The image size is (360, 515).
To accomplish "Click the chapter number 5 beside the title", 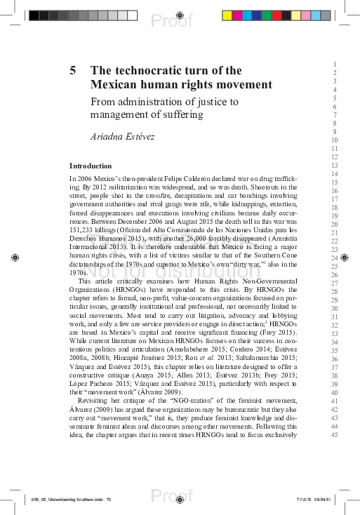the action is tap(73, 71).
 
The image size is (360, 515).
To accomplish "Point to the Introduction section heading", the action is tap(91, 166).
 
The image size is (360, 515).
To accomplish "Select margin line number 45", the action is tap(335, 434).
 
